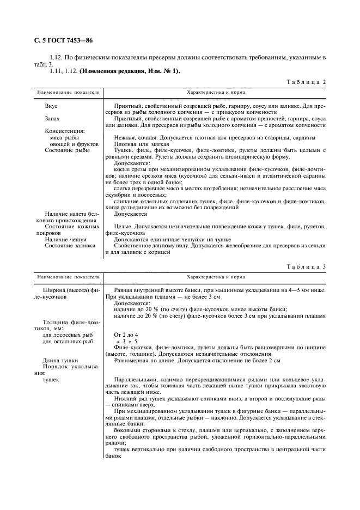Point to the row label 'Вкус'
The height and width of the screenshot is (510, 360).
point(51,106)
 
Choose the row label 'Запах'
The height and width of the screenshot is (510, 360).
point(52,118)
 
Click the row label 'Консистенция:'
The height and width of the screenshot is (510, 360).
point(65,131)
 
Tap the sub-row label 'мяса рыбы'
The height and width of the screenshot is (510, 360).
point(64,137)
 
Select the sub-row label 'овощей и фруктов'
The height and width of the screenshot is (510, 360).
point(72,144)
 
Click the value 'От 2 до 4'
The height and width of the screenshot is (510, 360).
point(125,334)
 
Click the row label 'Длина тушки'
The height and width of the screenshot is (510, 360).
point(61,360)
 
